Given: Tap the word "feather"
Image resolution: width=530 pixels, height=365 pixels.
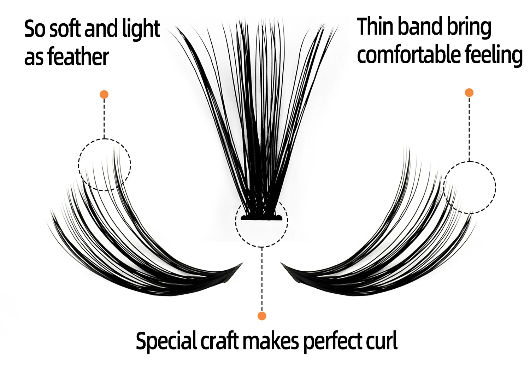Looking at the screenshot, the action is [x=78, y=57].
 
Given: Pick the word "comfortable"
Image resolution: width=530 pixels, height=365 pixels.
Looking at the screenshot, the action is [x=408, y=55].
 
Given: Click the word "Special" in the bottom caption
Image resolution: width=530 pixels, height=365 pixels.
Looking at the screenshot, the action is [x=166, y=341].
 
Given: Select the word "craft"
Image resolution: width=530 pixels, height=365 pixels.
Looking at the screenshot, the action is [x=219, y=341].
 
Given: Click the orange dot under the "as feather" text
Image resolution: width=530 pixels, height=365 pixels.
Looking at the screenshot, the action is [x=104, y=94].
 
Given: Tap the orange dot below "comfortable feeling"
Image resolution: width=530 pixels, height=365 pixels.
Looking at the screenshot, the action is [x=469, y=93].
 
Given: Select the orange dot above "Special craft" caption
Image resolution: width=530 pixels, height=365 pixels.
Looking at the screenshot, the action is [x=262, y=316].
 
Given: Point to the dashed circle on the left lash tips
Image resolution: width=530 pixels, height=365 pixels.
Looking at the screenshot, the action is [x=105, y=165].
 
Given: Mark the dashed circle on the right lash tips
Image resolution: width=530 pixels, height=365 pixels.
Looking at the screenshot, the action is [x=470, y=187].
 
